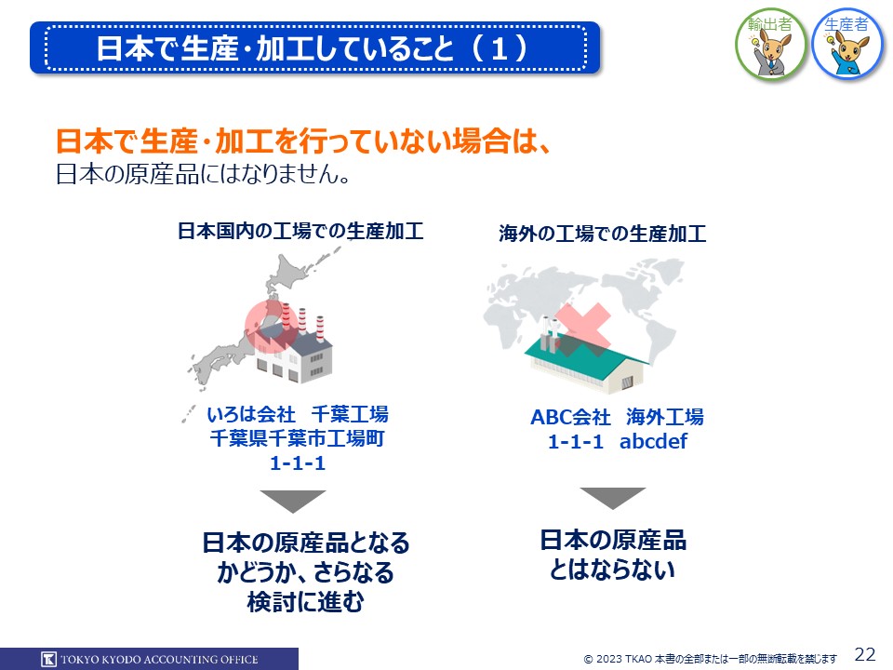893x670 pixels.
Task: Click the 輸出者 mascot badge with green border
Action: point(770,45)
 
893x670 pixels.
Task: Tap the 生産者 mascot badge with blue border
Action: point(847,45)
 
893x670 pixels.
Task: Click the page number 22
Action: point(865,653)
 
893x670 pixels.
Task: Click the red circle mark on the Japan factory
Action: point(272,327)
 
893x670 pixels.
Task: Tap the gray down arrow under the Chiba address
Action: point(293,502)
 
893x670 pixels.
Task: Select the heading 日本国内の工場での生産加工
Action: point(300,231)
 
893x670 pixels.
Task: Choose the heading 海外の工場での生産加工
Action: point(603,234)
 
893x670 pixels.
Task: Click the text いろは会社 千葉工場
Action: point(298,414)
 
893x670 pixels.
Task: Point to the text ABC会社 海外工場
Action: point(618,417)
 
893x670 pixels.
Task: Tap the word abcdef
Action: point(653,441)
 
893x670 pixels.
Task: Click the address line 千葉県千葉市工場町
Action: point(298,438)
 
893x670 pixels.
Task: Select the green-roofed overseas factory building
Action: point(588,357)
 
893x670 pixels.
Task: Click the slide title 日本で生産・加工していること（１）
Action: point(313,47)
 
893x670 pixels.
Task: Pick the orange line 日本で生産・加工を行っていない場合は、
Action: point(303,141)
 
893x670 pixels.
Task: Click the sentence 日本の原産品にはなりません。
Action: point(203,174)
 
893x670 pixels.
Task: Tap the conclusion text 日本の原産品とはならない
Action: point(613,555)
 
